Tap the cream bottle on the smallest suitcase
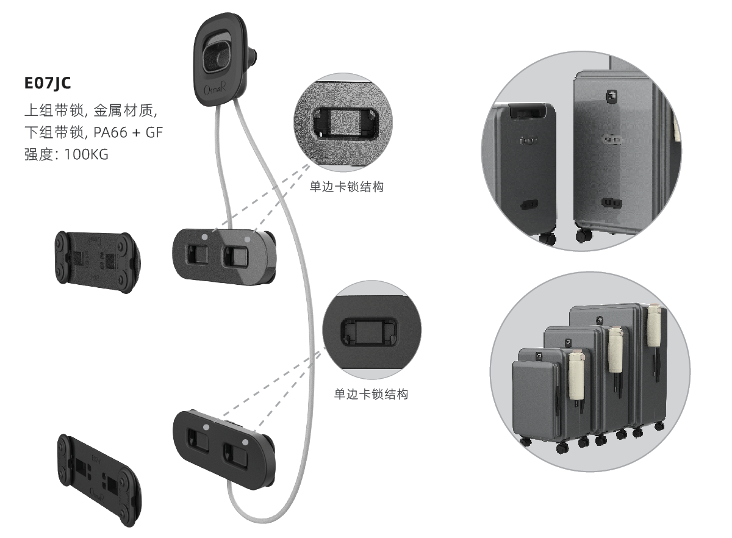click(x=576, y=378)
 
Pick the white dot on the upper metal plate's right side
click(x=246, y=240)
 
